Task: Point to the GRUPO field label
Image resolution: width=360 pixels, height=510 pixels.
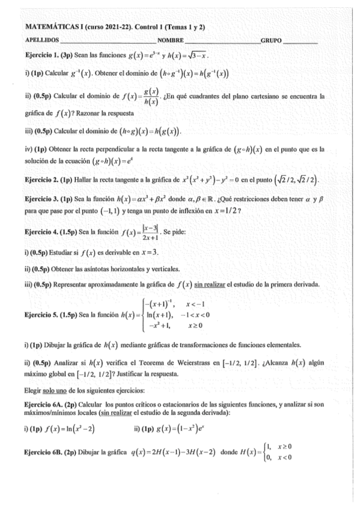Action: [271, 40]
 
